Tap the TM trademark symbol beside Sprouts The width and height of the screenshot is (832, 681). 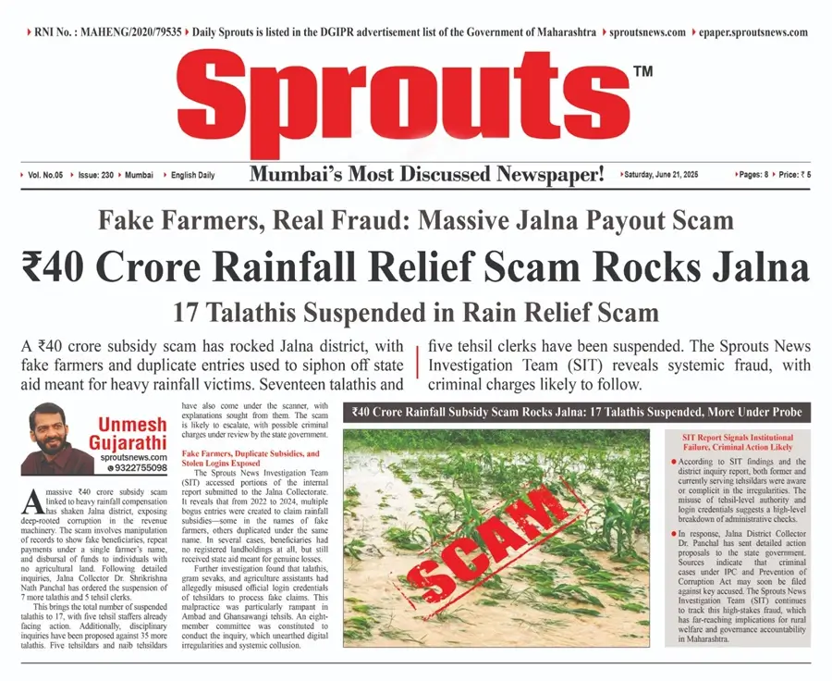(x=643, y=71)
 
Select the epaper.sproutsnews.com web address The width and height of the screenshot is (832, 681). (x=752, y=32)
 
